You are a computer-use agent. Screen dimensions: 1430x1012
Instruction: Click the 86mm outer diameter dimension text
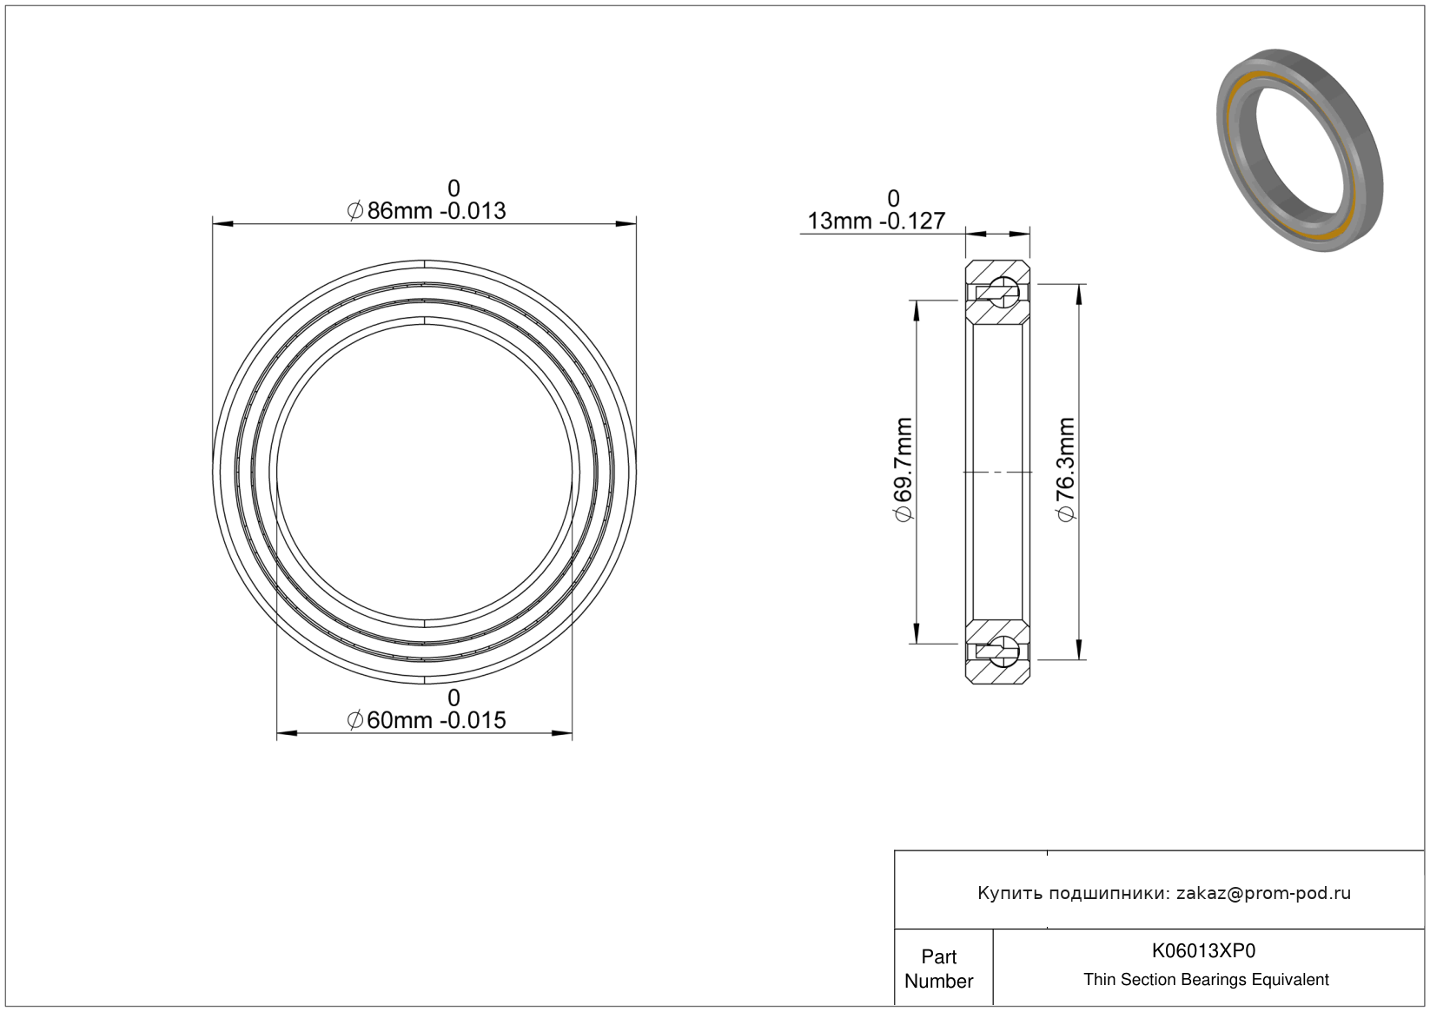pyautogui.click(x=427, y=211)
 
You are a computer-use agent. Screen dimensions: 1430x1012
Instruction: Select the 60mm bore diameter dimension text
pyautogui.click(x=427, y=720)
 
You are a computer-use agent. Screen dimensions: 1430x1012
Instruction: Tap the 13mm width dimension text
pyautogui.click(x=877, y=221)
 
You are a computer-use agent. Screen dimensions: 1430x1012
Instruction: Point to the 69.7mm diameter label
pyautogui.click(x=904, y=470)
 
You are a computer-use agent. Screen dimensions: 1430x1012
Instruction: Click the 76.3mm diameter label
pyautogui.click(x=1066, y=470)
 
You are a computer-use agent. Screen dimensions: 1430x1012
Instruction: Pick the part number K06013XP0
pyautogui.click(x=1203, y=951)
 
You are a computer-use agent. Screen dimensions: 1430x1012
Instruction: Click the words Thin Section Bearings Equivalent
pyautogui.click(x=1206, y=980)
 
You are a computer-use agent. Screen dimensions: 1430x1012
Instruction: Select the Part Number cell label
pyautogui.click(x=939, y=969)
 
